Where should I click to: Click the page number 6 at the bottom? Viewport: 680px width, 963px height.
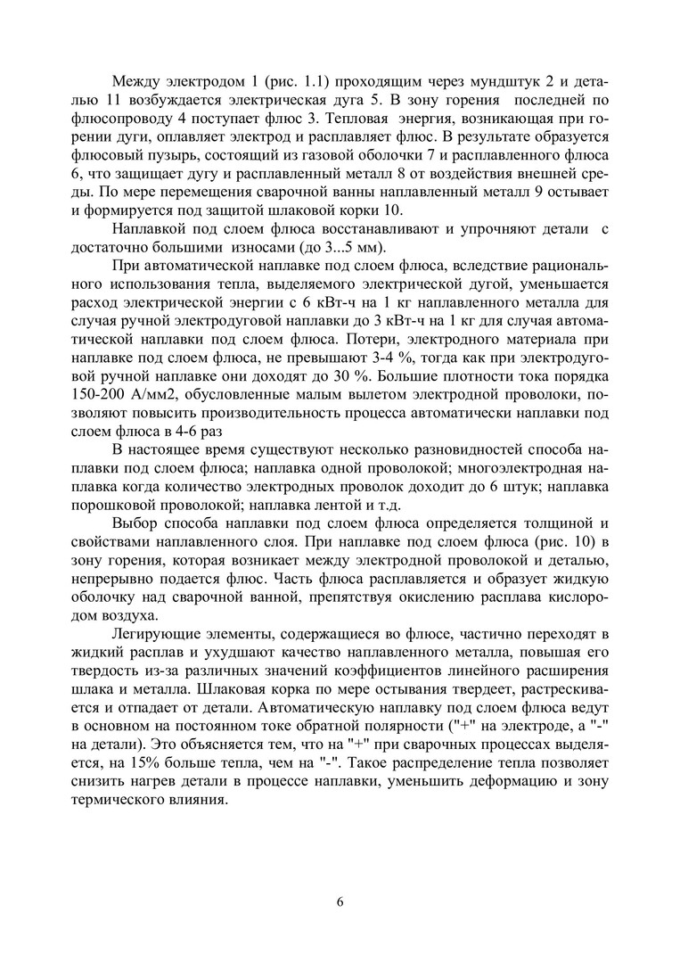(x=340, y=901)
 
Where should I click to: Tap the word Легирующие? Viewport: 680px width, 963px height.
(x=156, y=635)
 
